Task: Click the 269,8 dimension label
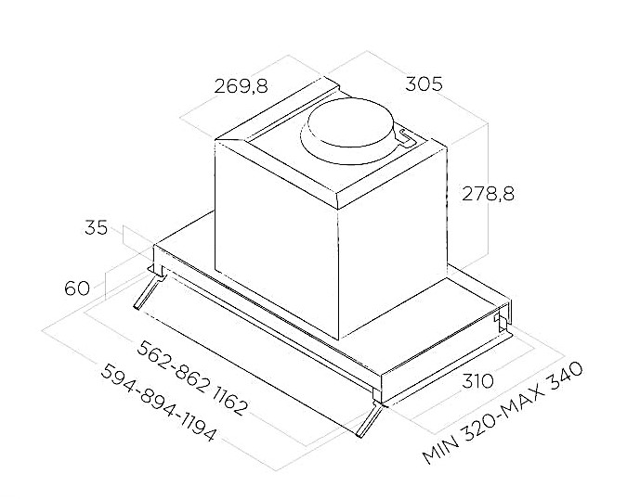pos(241,86)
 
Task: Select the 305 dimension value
pos(424,83)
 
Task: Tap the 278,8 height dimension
pos(488,194)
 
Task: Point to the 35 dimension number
pos(96,227)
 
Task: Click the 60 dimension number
pos(77,288)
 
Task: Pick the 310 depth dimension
pos(477,381)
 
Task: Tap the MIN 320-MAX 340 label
pos(503,413)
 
